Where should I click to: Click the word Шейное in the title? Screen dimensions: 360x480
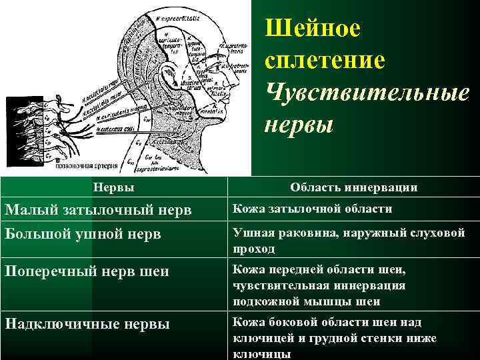coord(313,29)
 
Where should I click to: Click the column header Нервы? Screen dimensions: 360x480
coord(113,187)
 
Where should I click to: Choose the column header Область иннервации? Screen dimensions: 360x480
coord(354,187)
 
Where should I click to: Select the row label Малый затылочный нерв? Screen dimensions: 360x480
coord(98,210)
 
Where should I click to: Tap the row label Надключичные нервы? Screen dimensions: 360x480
coord(87,323)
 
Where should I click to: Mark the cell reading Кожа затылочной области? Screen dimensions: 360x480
coord(311,209)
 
